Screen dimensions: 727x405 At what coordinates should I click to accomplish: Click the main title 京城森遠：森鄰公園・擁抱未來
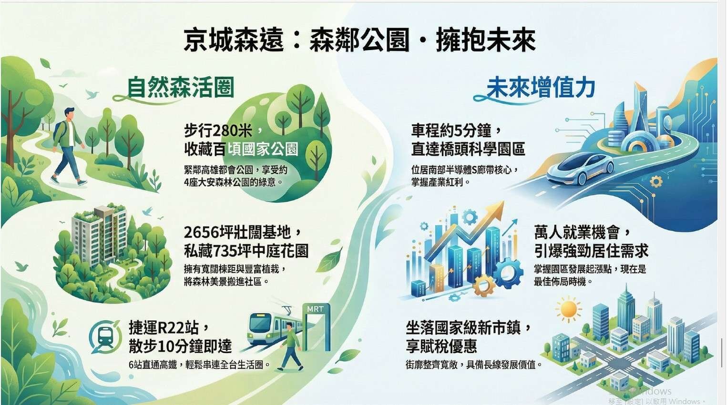359,40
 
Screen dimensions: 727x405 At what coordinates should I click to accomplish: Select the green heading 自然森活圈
181,87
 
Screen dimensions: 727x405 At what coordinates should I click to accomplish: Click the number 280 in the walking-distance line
221,131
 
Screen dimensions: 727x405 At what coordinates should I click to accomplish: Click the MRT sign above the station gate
315,309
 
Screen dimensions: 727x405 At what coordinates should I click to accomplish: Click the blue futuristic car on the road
580,169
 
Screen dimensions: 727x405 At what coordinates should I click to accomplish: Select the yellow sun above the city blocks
568,309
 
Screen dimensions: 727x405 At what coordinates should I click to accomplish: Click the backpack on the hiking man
60,132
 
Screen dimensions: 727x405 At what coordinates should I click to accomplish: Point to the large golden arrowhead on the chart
496,211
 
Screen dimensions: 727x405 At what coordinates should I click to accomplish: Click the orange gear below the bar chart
483,285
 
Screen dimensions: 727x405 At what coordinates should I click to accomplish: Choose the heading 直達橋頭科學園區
468,150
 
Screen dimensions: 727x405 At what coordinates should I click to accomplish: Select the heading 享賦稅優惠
441,346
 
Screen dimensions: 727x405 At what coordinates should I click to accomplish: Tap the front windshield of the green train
259,322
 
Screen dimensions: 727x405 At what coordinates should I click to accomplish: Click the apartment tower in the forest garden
100,235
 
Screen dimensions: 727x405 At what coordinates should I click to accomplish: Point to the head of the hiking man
69,113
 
